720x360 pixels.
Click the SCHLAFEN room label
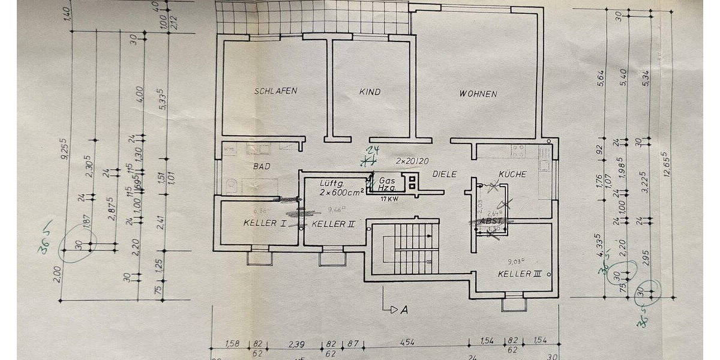coord(275,91)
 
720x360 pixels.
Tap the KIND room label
coord(370,92)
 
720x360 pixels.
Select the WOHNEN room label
coord(478,94)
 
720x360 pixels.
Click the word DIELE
coord(444,174)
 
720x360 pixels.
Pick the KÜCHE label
coord(512,174)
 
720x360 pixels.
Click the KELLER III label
coord(520,274)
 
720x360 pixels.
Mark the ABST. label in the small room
coord(490,221)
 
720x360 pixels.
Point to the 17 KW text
coord(388,199)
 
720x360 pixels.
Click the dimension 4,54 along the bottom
coord(407,344)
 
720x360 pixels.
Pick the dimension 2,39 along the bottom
coord(295,344)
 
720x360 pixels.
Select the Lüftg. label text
coord(331,182)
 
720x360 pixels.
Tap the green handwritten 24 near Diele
coord(374,150)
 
